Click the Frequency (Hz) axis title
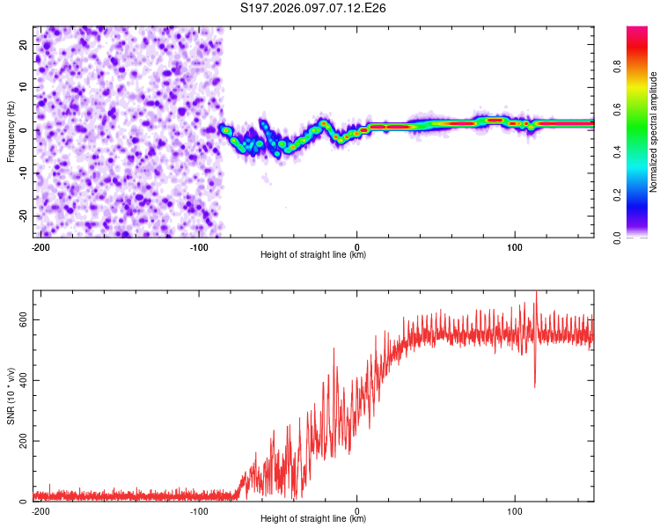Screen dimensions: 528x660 click(11, 131)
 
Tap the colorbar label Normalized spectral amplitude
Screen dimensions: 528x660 click(654, 132)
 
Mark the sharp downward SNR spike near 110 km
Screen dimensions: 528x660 click(534, 384)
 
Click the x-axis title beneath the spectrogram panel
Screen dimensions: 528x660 click(313, 255)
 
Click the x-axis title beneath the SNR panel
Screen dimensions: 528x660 click(313, 519)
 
